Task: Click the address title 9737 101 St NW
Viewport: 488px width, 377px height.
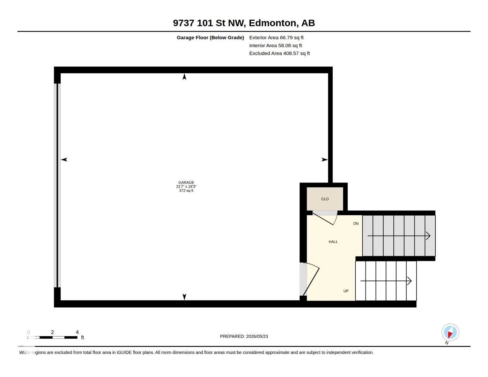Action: coord(209,23)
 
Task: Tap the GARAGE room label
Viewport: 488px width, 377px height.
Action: coord(186,183)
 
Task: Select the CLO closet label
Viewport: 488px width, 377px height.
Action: coord(325,199)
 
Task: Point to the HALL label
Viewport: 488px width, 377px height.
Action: coord(333,242)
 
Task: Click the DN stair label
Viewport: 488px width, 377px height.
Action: coord(356,223)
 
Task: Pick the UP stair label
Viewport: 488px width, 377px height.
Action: coord(346,291)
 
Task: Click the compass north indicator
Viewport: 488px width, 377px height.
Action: coord(450,333)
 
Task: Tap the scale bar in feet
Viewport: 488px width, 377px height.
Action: coord(52,337)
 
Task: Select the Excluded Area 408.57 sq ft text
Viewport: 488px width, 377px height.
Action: coord(279,53)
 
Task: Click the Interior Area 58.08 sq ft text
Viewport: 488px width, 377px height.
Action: coord(275,45)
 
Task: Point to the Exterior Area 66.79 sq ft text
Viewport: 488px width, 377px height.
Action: coord(276,37)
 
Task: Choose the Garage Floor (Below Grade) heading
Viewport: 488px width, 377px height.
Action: coord(210,37)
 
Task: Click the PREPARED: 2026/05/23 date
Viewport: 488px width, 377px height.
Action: coord(244,337)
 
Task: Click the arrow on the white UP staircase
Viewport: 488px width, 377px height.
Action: coord(386,281)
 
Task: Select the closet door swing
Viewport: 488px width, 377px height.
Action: coord(325,218)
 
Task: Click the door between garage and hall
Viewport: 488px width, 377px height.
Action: coord(311,279)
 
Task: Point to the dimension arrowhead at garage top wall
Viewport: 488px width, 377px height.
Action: coord(184,77)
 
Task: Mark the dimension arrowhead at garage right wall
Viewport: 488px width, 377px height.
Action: coord(325,160)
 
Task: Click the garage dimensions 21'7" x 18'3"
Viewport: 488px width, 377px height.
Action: coord(186,187)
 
